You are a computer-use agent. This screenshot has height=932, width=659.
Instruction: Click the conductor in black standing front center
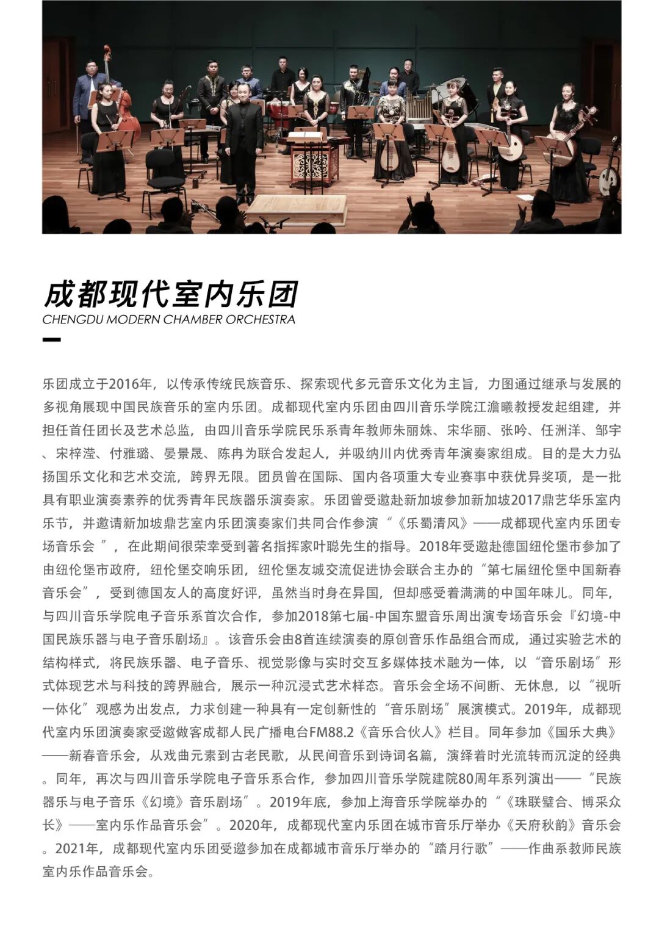tap(244, 146)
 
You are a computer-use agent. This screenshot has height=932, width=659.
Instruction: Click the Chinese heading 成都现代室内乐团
tap(170, 294)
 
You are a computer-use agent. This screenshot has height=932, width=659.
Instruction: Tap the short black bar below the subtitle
tap(51, 340)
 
